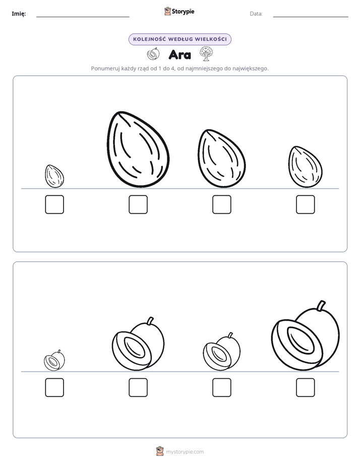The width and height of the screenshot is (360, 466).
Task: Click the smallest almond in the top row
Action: point(54,176)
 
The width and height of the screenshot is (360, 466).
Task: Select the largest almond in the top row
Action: point(138,149)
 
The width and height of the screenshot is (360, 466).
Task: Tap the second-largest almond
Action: point(221,159)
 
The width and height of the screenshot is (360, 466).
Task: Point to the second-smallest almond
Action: point(306,167)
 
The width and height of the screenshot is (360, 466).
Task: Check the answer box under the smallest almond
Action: point(54,204)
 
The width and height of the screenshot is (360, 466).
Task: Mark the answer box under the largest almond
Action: point(138,204)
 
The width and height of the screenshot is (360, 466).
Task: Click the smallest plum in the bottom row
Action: point(54,361)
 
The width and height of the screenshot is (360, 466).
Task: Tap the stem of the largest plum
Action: point(321,306)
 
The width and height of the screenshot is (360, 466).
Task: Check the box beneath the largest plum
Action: point(306,387)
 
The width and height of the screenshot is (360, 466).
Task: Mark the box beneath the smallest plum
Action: point(54,387)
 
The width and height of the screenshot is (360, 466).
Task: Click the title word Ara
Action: point(179,54)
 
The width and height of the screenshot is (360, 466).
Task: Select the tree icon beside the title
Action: point(206,54)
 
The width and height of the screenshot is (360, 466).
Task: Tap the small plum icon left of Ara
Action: point(153,54)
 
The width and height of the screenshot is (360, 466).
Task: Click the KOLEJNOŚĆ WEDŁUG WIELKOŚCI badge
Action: point(179,39)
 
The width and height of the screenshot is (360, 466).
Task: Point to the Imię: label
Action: point(19,14)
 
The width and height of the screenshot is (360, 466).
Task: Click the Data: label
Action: point(256,14)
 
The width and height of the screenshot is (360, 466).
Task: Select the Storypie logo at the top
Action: point(179,12)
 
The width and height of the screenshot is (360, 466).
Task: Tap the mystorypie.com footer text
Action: point(185,452)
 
